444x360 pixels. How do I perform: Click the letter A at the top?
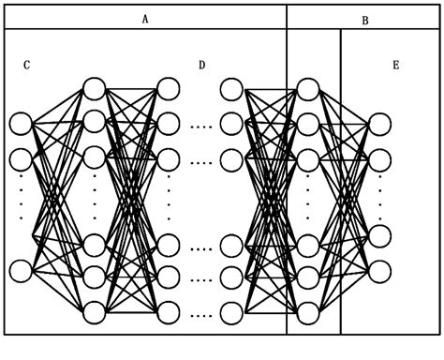[145, 18]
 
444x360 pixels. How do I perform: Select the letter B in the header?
[364, 20]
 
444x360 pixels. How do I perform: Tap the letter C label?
[27, 65]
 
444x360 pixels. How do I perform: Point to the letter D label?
[201, 65]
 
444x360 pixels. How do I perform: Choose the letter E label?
[396, 65]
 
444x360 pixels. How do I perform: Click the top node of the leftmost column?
[21, 123]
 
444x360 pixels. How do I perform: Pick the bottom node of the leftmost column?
[21, 271]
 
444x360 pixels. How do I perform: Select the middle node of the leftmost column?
[21, 157]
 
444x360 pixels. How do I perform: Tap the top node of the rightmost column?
[379, 124]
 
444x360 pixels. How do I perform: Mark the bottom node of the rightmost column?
[379, 271]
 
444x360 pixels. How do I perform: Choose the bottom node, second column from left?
[94, 311]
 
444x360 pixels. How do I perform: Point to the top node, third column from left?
[169, 89]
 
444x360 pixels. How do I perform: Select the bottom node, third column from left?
[169, 311]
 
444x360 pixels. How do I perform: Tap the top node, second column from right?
[307, 89]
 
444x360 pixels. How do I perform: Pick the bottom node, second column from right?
[307, 311]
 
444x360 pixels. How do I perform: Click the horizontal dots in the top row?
[201, 124]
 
